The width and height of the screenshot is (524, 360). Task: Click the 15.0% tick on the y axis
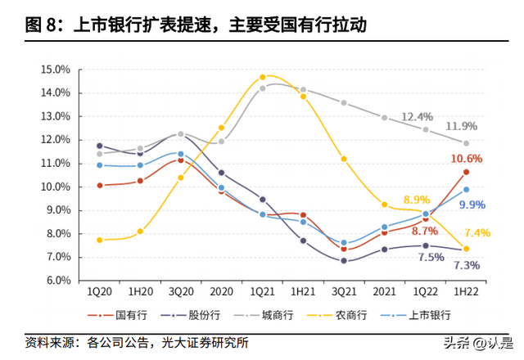click(x=55, y=70)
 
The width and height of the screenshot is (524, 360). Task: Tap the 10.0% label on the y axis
click(x=55, y=187)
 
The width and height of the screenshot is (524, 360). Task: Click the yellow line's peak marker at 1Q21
click(x=263, y=77)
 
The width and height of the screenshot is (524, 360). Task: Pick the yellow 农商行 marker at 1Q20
click(x=100, y=240)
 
